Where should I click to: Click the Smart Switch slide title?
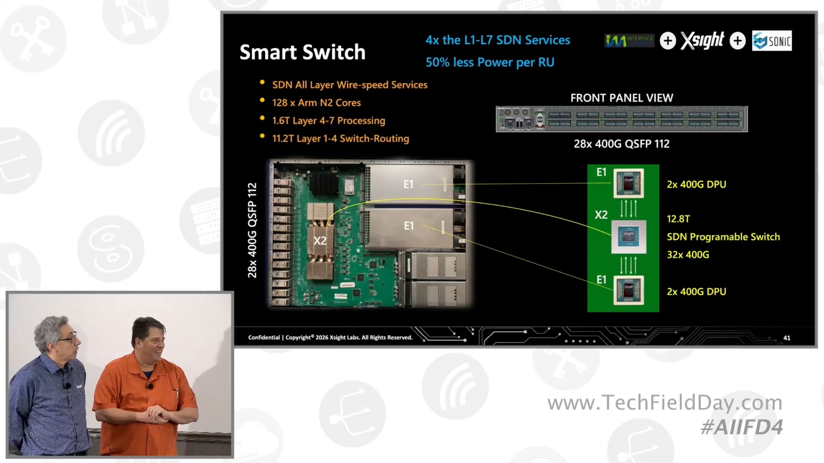302,52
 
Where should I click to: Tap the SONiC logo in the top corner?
772,41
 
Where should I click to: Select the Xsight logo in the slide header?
702,41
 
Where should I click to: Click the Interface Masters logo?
629,41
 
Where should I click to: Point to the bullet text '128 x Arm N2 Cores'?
316,103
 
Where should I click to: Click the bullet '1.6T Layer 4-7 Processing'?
328,121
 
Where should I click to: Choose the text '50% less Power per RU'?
490,63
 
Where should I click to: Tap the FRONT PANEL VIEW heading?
621,98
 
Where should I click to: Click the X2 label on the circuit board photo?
320,241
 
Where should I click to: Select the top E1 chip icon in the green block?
628,183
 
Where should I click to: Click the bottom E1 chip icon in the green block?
628,290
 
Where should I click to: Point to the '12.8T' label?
678,219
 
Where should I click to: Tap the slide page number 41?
787,338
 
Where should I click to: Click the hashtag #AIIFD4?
742,427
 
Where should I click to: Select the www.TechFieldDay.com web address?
665,403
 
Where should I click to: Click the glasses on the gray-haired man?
69,337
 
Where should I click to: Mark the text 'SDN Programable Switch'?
723,237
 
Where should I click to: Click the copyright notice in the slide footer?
330,338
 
